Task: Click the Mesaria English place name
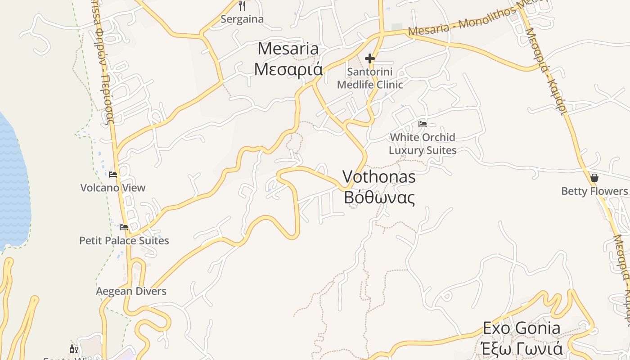coord(288,49)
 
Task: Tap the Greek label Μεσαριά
coord(288,69)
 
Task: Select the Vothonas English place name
coord(378,176)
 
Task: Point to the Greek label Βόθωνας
coord(379,197)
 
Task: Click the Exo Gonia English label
coord(522,328)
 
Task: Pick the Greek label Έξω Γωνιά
coord(522,349)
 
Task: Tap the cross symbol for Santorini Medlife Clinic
coord(370,58)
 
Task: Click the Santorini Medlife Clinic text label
coord(370,78)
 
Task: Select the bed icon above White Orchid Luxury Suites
coord(423,124)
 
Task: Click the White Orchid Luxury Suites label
coord(423,144)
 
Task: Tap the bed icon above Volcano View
coord(113,175)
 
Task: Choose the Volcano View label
coord(113,188)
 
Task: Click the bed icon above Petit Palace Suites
coord(124,227)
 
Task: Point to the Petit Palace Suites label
coord(124,241)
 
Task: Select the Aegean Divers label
coord(131,291)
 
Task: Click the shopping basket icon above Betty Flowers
coord(594,178)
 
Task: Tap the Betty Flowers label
coord(594,191)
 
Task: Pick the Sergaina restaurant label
coord(242,19)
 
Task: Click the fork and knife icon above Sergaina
coord(242,6)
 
